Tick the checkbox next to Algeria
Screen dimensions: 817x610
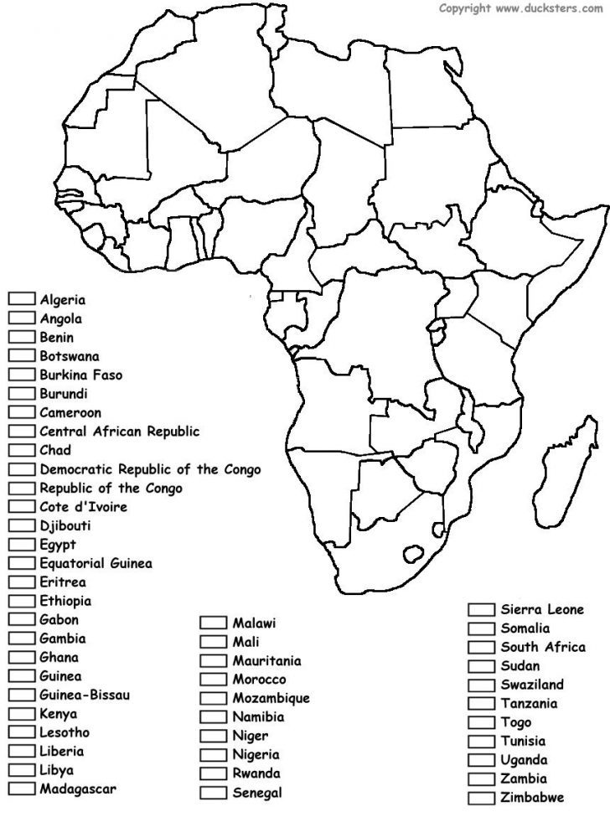click(x=22, y=298)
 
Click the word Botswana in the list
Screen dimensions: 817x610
click(x=69, y=355)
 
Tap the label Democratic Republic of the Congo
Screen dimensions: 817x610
click(x=150, y=469)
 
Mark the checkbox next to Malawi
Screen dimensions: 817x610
click(x=213, y=623)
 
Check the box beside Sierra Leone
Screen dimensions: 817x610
click(x=481, y=609)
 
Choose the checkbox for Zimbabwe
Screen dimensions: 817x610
click(x=481, y=797)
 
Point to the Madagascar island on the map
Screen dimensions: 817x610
click(x=562, y=469)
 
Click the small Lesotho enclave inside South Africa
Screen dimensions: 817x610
click(x=414, y=554)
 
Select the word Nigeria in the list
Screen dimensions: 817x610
click(x=256, y=754)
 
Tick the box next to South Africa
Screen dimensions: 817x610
click(x=481, y=647)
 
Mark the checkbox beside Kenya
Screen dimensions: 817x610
click(x=22, y=715)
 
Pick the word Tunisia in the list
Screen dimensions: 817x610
click(x=524, y=741)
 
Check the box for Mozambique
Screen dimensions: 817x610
click(x=213, y=698)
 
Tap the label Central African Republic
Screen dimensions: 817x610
click(x=119, y=432)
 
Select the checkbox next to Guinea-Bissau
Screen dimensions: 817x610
click(x=22, y=695)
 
